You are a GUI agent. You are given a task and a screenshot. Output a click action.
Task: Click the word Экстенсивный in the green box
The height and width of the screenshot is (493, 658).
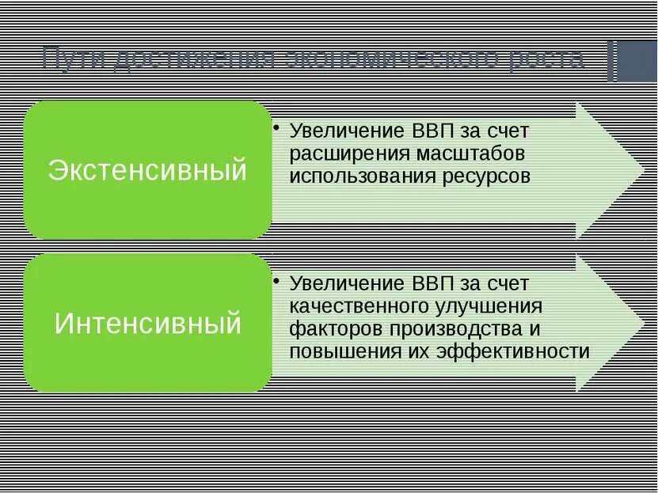point(148,170)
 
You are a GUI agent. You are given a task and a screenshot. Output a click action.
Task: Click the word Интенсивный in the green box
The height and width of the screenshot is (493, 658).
point(148,323)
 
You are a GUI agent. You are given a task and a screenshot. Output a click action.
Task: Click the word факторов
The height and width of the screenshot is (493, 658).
point(332,328)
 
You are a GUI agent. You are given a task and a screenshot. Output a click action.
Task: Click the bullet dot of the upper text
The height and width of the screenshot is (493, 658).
point(274,127)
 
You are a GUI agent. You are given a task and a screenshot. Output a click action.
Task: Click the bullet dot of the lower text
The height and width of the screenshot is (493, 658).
point(274,280)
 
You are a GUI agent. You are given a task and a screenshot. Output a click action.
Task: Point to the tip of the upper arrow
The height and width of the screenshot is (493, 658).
point(642,169)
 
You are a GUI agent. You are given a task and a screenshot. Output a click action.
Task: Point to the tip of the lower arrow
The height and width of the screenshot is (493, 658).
point(642,322)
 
